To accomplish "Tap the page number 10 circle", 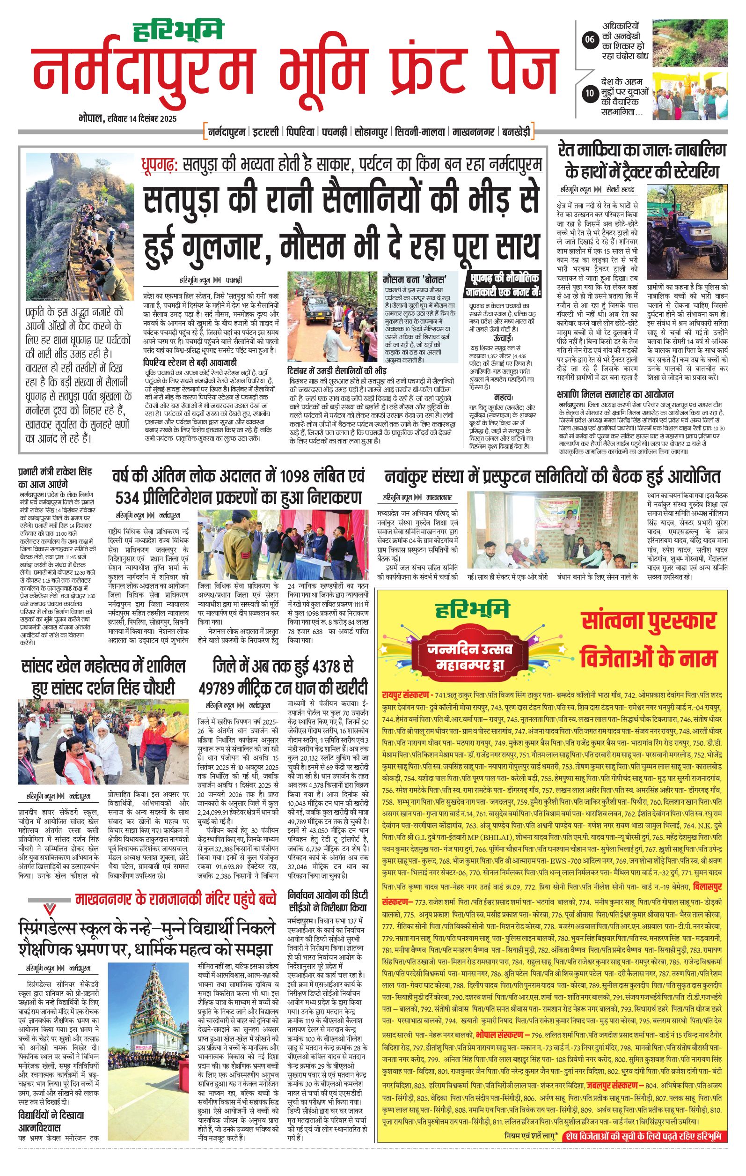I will point(590,93).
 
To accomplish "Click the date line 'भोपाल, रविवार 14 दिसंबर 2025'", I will point(127,118).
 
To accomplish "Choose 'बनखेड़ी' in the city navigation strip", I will point(516,132).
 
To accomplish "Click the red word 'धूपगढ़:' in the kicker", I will point(160,164).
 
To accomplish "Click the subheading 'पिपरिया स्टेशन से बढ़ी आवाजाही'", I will point(190,362).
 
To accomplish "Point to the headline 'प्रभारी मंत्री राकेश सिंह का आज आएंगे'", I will point(55,478).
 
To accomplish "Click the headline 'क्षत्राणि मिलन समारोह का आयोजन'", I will point(614,394).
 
